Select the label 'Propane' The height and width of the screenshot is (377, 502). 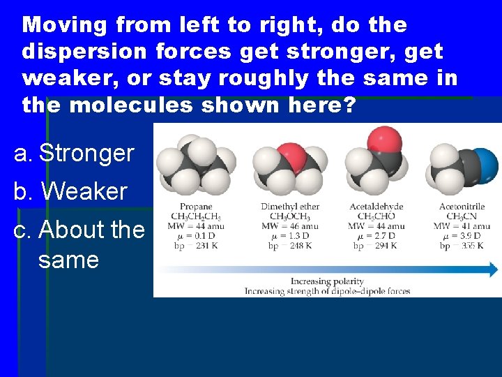point(196,207)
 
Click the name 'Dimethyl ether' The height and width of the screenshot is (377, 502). point(289,207)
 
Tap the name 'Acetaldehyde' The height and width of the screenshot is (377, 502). point(376,207)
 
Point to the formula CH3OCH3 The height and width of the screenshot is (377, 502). point(289,216)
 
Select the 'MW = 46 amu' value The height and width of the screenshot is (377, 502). point(289,226)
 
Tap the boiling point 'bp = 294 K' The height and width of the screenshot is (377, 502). point(376,245)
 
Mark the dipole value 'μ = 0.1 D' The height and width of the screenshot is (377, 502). point(196,235)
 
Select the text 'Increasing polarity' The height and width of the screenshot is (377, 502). point(327,281)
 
